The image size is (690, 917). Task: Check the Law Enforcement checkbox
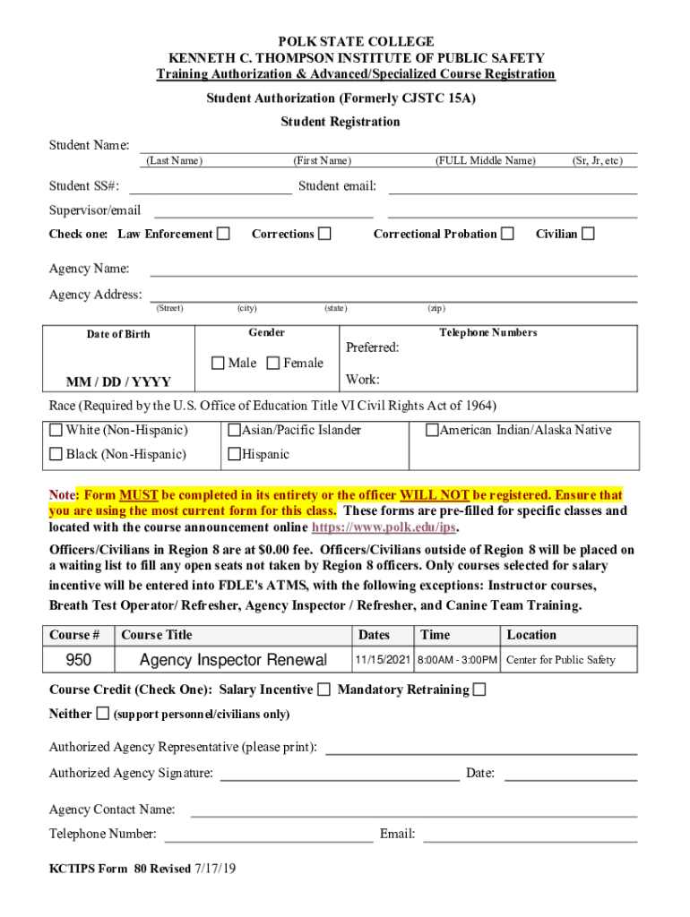[224, 234]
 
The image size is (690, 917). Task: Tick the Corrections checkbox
[325, 234]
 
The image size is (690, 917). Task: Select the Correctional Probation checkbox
[508, 234]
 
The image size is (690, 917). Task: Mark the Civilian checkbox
[588, 234]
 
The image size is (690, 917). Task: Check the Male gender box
[218, 363]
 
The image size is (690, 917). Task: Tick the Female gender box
[273, 363]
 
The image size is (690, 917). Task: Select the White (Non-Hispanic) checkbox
[56, 430]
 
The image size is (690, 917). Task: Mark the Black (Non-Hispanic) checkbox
[56, 454]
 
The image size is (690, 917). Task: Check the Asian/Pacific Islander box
[234, 430]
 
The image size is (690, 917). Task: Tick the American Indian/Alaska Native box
[432, 430]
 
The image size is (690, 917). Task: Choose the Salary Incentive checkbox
[323, 690]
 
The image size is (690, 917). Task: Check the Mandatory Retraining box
[479, 690]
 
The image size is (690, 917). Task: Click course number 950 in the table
[80, 660]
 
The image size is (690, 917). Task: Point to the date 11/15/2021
[383, 660]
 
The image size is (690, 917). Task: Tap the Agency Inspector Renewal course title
[233, 660]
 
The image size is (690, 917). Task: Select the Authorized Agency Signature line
[340, 774]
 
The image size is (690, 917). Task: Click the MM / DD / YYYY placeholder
[119, 382]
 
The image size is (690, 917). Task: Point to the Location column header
[531, 635]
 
